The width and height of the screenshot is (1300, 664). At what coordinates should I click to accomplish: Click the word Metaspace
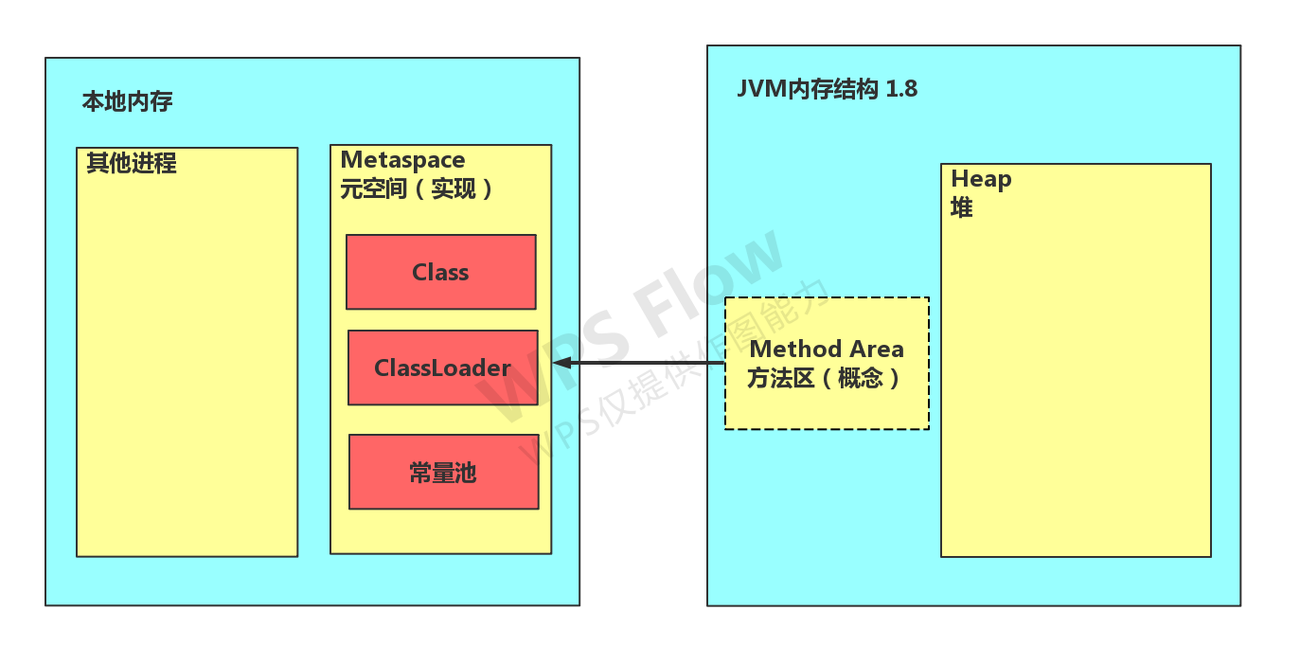coord(402,160)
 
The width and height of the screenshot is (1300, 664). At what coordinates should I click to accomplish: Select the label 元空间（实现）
coord(418,188)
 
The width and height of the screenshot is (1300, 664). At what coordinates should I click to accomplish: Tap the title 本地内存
coord(127,101)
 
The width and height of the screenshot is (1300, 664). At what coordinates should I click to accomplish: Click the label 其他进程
coord(131,163)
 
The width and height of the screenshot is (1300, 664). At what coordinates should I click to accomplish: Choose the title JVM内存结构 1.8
coord(827,89)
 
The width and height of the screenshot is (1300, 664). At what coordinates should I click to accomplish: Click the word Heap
coord(981,179)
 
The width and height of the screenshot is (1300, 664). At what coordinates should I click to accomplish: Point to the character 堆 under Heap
coord(961,207)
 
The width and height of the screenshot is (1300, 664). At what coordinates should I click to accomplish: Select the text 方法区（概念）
coord(825,379)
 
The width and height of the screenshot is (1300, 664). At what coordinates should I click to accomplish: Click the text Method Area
coord(827,349)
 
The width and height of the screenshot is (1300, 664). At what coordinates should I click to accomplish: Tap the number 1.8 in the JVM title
coord(900,89)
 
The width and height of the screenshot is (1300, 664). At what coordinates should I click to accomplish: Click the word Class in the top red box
coord(440,272)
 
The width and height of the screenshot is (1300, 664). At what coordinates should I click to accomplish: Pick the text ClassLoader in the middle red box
coord(442,368)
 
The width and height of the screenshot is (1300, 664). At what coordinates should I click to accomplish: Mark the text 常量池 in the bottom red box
coord(443,473)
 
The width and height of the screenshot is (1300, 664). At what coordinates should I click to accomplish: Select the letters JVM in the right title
coord(761,89)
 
